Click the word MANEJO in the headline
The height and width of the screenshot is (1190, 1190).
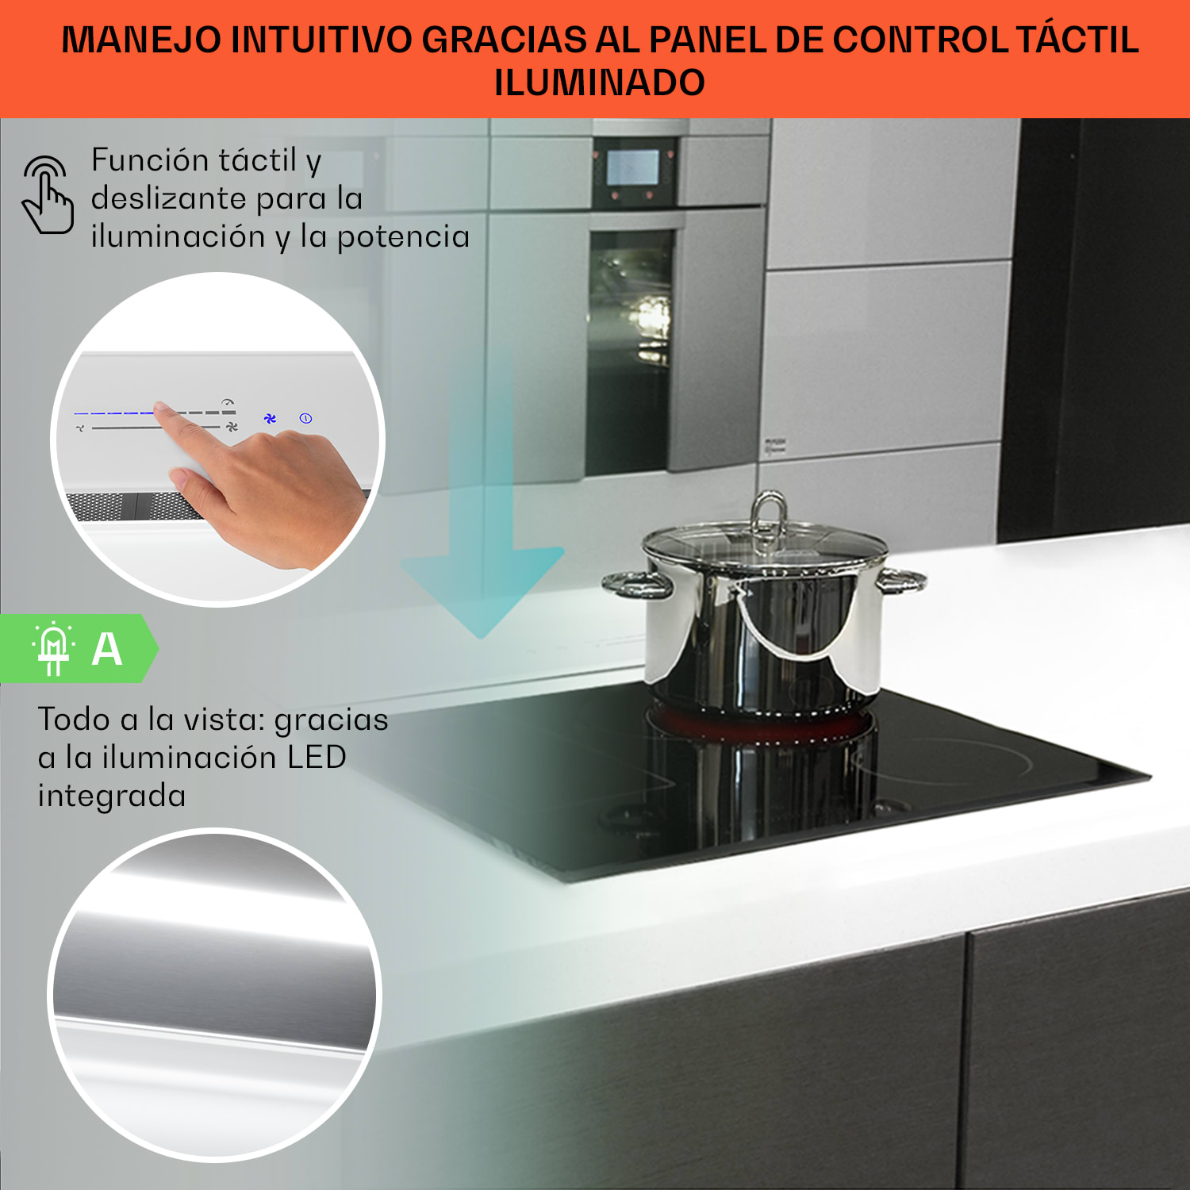coord(141,40)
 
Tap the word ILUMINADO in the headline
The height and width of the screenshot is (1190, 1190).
coord(599,83)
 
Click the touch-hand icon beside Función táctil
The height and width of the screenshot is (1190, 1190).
coord(48,195)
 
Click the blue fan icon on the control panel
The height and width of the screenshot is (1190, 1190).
coord(270,418)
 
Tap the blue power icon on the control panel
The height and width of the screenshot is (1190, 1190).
coord(305,418)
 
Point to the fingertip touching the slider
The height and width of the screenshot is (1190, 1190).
coord(162,409)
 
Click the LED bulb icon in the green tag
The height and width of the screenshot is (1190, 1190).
coord(53,648)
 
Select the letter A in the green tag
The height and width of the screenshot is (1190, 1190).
coord(107,650)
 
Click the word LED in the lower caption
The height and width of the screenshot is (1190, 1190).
coord(317,757)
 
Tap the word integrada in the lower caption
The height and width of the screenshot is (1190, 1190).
coord(112,796)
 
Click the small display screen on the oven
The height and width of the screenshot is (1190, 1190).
coord(632,167)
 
